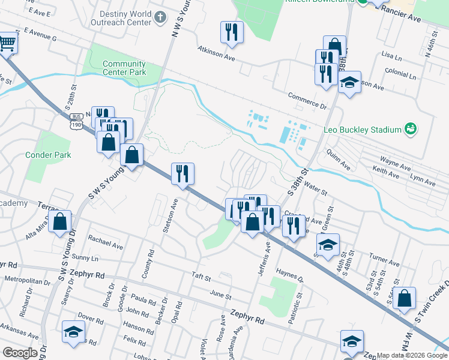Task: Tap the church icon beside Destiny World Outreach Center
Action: [x=160, y=17]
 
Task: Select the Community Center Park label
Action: [x=124, y=68]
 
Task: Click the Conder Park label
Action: [x=48, y=155]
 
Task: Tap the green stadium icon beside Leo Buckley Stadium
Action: [x=411, y=128]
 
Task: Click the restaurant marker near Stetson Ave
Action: [x=183, y=173]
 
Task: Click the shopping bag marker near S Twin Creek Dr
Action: [x=405, y=298]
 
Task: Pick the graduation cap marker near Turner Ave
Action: [x=328, y=245]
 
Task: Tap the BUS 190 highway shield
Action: [x=76, y=120]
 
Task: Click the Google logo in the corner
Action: [x=19, y=353]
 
